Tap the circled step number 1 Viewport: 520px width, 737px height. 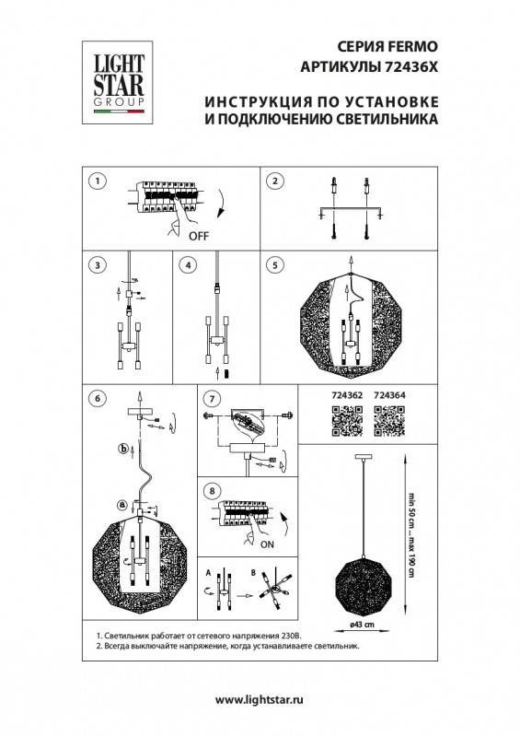click(x=97, y=181)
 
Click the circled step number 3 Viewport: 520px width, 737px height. click(x=97, y=264)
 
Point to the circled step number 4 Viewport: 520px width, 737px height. click(x=188, y=264)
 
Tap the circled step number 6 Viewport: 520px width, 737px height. click(x=97, y=399)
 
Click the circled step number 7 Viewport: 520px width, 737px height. click(x=212, y=399)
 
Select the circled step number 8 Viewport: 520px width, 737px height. click(x=212, y=491)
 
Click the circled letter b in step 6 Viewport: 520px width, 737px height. click(x=123, y=450)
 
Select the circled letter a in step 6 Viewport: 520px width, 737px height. click(x=122, y=504)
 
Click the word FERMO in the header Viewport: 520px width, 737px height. click(x=403, y=46)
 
